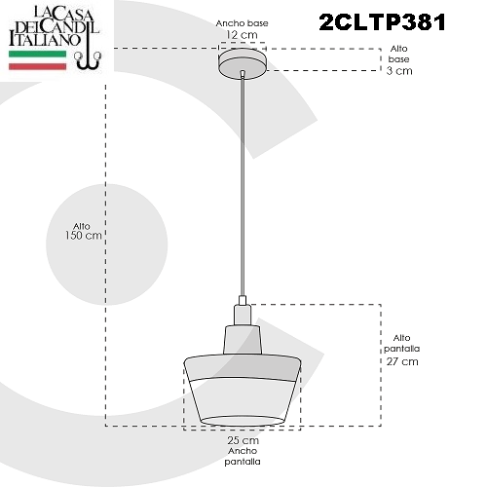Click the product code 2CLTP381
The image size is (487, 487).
pos(383,22)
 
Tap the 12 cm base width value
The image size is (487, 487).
pos(242,35)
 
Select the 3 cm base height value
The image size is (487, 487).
pos(399,71)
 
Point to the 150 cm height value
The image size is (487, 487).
pos(84,236)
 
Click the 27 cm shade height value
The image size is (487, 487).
pos(402,361)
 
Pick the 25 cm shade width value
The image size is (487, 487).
pos(243,440)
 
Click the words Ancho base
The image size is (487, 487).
pos(242,23)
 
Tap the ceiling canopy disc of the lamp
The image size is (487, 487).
pos(243,63)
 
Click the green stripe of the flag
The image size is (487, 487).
pos(37,54)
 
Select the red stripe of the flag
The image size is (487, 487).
pos(37,66)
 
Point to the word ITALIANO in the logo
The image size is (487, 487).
pos(44,39)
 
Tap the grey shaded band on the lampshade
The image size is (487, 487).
pos(243,368)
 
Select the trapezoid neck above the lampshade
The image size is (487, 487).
pos(243,340)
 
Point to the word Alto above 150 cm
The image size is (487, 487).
pos(82,226)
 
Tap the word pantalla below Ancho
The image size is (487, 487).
pos(243,462)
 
